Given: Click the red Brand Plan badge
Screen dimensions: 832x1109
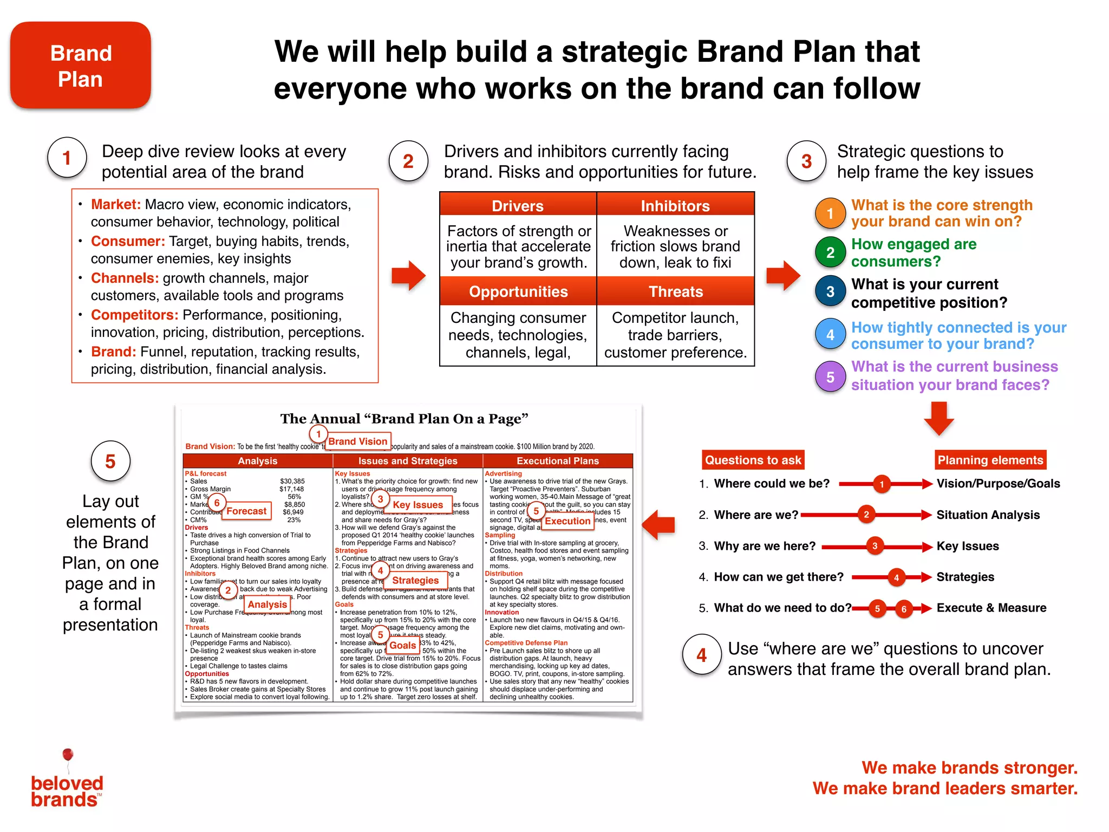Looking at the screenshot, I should click(81, 66).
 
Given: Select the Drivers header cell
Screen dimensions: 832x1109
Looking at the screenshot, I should click(518, 206).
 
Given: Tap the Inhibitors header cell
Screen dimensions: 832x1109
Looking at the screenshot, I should click(675, 206).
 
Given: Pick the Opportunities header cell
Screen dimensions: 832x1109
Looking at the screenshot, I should click(518, 291).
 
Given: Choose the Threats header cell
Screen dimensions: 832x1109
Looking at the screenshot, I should click(676, 291).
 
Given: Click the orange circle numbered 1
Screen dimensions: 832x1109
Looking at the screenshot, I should click(830, 213).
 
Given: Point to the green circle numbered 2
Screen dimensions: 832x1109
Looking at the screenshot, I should click(830, 252).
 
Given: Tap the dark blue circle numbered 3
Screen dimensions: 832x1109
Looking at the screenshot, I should click(830, 291).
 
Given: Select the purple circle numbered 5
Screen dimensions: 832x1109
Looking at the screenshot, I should click(830, 377).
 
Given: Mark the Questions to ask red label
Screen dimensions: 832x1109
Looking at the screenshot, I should click(753, 460).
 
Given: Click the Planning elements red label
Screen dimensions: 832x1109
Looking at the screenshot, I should click(990, 460).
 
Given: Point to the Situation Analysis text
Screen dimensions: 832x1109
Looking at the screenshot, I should click(988, 515).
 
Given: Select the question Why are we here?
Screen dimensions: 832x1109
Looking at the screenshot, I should click(765, 546).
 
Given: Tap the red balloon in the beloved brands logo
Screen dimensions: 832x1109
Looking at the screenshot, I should click(68, 755).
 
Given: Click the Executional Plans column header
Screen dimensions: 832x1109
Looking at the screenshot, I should click(558, 461).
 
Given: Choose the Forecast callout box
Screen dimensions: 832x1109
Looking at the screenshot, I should click(246, 511).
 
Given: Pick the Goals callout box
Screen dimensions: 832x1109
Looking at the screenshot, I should click(403, 645).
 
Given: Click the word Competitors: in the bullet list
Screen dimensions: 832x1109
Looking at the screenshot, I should click(134, 315).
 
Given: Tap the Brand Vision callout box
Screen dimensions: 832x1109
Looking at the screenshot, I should click(357, 441).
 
